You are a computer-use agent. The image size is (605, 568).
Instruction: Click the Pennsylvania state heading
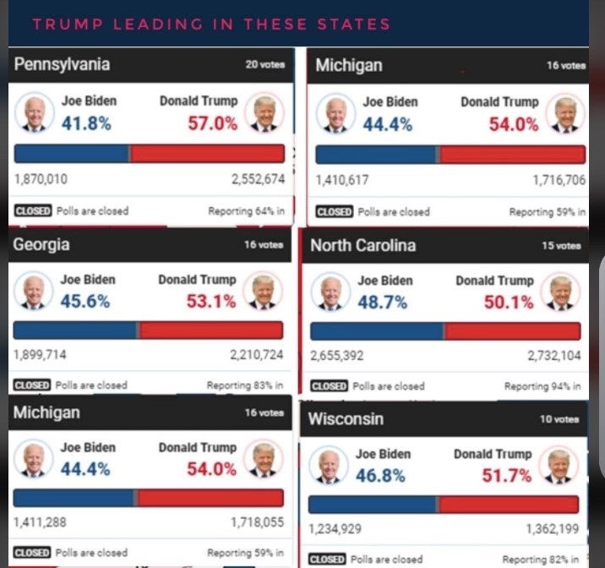[62, 64]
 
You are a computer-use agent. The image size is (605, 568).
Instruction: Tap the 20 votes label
[264, 64]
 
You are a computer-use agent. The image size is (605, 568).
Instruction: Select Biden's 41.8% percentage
[86, 123]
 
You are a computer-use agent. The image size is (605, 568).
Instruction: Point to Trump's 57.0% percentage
[212, 123]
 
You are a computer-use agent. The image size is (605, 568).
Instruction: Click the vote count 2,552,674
[258, 179]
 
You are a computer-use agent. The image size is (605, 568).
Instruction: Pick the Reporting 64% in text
[246, 211]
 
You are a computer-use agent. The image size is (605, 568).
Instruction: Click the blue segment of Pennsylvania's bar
[72, 153]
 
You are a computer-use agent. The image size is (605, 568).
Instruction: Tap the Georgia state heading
[41, 245]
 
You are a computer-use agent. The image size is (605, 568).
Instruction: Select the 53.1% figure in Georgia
[210, 301]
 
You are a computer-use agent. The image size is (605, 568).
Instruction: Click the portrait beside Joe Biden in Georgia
[34, 292]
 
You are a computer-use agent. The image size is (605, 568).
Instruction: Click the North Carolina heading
[362, 246]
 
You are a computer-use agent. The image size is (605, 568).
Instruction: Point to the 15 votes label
[561, 246]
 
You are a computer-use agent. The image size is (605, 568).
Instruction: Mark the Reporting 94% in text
[542, 386]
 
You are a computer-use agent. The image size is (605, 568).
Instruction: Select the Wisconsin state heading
[346, 418]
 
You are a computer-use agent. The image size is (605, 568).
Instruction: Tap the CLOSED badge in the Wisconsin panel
[327, 560]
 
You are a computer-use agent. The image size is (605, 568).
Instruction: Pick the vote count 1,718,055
[257, 522]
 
